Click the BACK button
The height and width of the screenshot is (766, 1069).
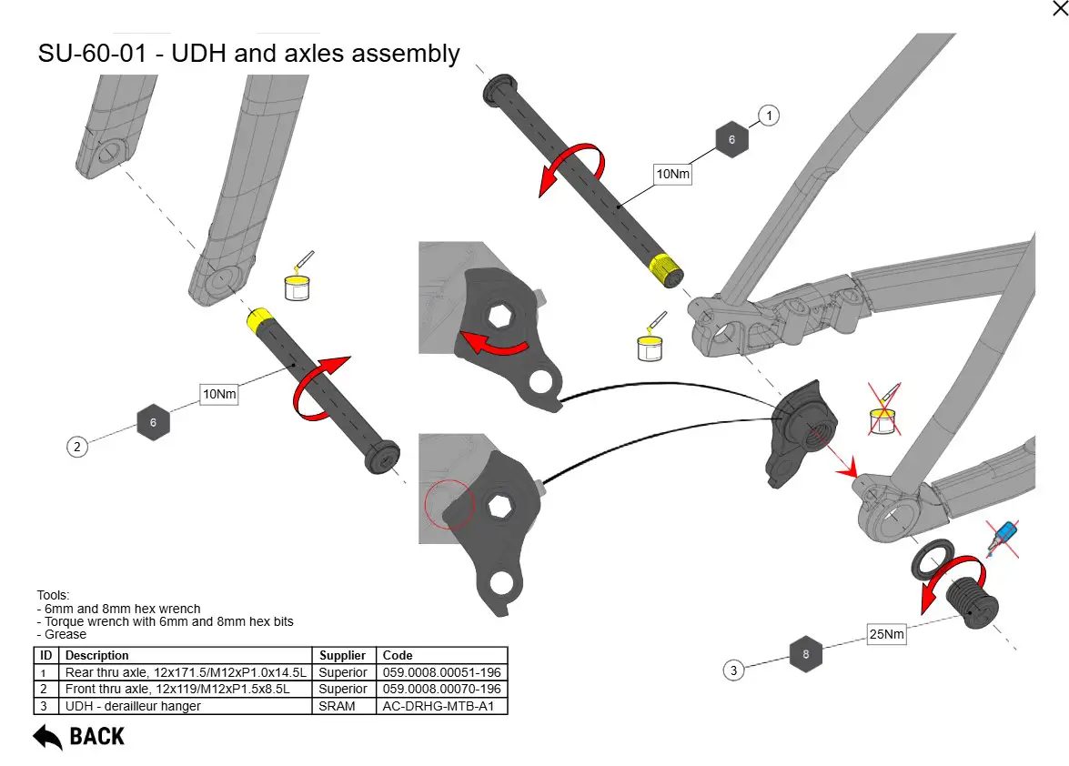79,736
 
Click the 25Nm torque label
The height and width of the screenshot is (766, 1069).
886,634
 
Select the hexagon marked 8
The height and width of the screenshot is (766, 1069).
805,653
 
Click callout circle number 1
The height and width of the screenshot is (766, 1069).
769,116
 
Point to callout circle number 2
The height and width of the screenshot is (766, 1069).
77,446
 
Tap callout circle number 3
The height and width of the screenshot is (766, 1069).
733,670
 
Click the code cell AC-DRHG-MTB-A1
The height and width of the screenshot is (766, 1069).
441,706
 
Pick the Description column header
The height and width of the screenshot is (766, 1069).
97,655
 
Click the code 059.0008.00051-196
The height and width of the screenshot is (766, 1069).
441,672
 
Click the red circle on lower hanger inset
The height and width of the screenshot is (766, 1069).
449,503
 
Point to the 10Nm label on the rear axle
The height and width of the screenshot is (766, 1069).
673,173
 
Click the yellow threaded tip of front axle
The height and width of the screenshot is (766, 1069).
258,319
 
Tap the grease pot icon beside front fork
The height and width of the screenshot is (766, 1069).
298,279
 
